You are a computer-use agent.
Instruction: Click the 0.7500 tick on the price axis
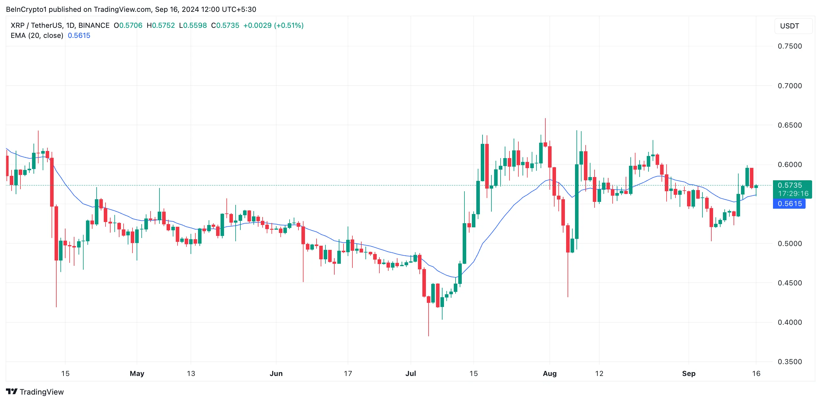(790, 46)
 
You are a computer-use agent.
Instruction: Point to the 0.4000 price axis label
(790, 322)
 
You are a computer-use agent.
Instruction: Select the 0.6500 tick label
(790, 125)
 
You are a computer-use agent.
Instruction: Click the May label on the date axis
(137, 373)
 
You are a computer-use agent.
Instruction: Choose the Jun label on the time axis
(276, 373)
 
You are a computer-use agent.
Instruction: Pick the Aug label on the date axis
(550, 373)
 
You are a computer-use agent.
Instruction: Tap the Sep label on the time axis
(689, 373)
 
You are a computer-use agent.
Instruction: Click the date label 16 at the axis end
(756, 373)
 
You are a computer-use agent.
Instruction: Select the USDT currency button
(790, 26)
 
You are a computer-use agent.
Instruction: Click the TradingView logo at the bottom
(35, 392)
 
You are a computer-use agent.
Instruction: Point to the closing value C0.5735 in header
(225, 25)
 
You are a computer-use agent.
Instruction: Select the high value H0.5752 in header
(161, 25)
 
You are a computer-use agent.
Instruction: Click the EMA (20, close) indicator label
(37, 36)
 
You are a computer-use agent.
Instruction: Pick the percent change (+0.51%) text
(289, 25)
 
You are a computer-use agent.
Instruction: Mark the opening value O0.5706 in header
(128, 25)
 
